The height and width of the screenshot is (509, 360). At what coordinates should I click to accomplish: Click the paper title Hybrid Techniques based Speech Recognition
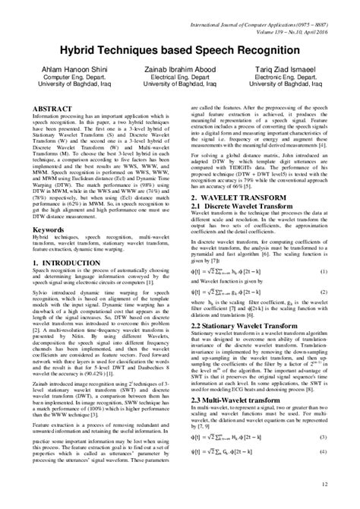pyautogui.click(x=180, y=48)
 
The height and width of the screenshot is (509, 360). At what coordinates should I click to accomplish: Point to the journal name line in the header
pyautogui.click(x=262, y=11)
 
